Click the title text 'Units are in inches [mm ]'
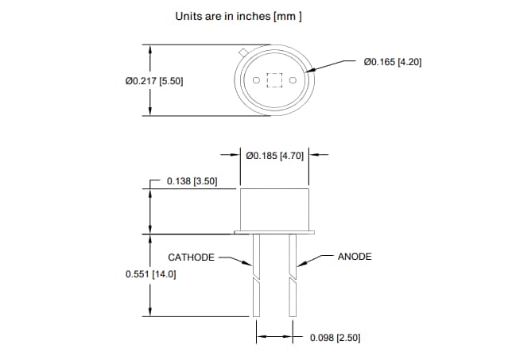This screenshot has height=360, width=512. coord(238,16)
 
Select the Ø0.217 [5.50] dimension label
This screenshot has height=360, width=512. coord(154,81)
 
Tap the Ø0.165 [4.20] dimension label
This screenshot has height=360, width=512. coord(391,61)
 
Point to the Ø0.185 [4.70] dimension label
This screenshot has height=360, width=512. coord(275,156)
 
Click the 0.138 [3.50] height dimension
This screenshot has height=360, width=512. coord(192,181)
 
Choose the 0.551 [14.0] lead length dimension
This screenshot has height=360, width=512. coord(150,273)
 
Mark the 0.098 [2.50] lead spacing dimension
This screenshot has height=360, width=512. coord(335,338)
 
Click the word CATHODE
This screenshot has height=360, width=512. coord(191,257)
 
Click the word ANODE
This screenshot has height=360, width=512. coord(355,257)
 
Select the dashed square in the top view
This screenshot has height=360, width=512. coord(275,80)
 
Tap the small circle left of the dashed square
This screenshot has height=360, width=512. coord(256,80)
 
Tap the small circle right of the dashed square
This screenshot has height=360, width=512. coord(293,80)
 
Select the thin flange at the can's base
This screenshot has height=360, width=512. coord(274,233)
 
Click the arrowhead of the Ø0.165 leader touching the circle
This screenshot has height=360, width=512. coord(311,72)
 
